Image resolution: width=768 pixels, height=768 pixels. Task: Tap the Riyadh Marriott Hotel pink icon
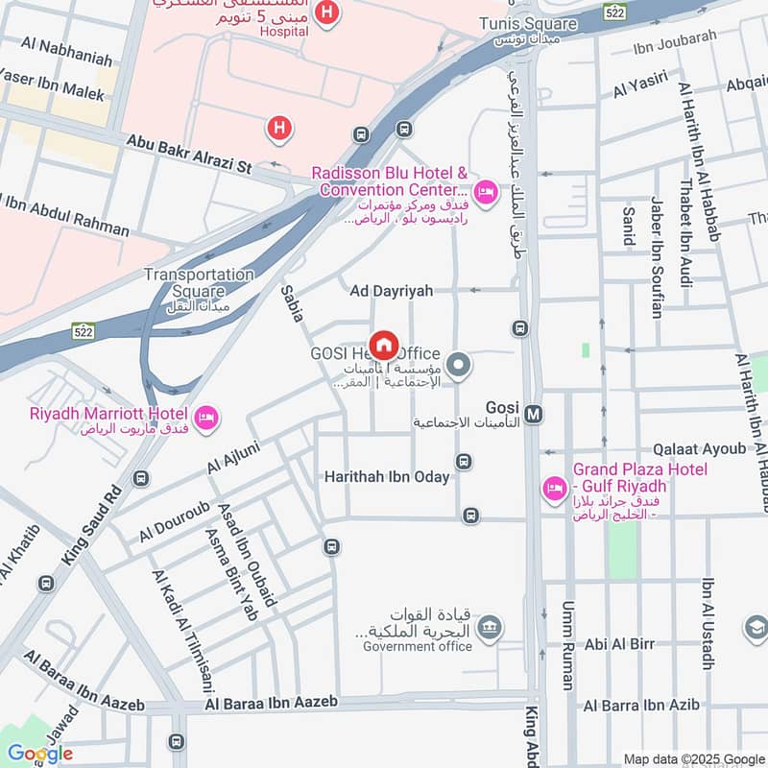coord(206,418)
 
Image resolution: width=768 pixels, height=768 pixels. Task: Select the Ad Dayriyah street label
coord(392,290)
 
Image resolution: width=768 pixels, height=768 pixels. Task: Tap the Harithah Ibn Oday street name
coord(387,476)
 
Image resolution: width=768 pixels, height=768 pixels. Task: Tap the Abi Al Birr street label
coord(619,644)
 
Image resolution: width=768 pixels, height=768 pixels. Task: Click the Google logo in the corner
coord(39,754)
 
